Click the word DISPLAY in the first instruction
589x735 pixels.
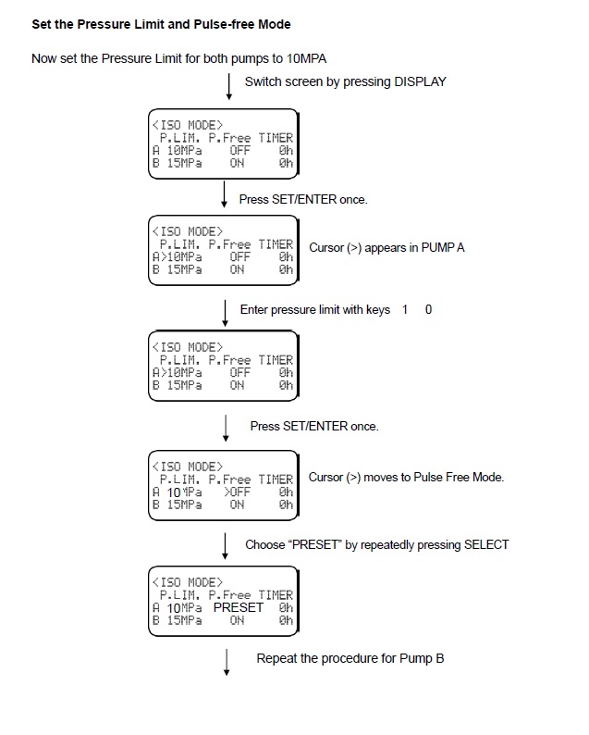[420, 81]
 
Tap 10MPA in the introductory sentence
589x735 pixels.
[301, 57]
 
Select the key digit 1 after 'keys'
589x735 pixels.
[405, 309]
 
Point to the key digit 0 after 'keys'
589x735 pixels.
[428, 309]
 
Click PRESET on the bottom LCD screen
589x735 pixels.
[238, 607]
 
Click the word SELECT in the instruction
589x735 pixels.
[487, 544]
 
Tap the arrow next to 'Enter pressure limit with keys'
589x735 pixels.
[225, 313]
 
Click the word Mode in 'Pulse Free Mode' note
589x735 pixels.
[485, 478]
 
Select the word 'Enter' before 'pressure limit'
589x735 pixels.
[254, 309]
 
